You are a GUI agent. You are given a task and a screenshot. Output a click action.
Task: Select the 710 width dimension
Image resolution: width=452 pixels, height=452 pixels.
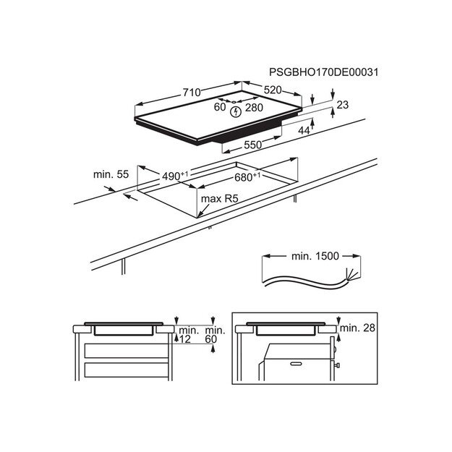[191, 93]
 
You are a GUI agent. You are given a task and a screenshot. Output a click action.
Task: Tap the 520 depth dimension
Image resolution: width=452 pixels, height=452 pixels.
[272, 90]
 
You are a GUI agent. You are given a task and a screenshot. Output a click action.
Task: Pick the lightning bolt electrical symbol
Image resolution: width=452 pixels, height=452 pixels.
[234, 111]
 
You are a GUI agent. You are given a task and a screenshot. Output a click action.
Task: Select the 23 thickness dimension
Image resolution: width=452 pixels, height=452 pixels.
[342, 106]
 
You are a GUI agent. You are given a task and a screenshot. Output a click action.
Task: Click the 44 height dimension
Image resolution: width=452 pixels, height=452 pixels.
[304, 130]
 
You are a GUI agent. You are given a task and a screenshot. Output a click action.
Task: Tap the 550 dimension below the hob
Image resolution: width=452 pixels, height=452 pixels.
[251, 145]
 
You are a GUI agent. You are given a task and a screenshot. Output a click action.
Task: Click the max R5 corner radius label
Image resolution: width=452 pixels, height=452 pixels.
[220, 197]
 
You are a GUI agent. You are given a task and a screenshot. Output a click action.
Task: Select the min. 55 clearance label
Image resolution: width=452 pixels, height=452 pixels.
[111, 174]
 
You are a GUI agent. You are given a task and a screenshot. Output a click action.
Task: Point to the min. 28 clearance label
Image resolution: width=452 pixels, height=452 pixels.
[359, 329]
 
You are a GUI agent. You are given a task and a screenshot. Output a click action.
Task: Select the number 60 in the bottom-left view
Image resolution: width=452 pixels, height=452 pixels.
[210, 339]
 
